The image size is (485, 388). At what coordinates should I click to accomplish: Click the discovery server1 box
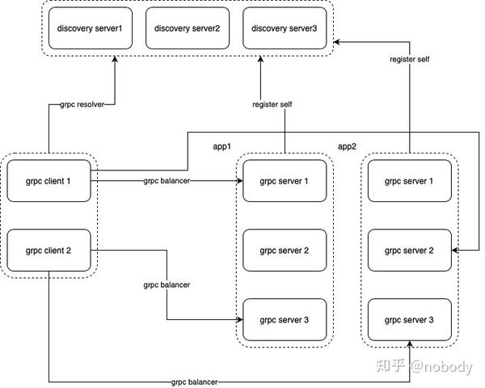point(90,29)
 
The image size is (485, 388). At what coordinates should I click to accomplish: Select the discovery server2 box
point(188,29)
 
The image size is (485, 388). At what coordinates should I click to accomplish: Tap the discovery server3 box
point(285,29)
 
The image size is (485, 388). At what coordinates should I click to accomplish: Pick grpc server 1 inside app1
point(285,180)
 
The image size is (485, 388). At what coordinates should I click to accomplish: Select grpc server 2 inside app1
point(285,250)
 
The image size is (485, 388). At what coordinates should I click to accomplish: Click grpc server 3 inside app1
point(285,319)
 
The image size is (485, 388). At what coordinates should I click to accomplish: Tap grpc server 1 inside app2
point(410,180)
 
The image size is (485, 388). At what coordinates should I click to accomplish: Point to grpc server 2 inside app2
point(410,250)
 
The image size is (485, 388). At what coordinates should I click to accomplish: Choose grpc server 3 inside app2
point(410,319)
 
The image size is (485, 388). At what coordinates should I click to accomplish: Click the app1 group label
point(222,147)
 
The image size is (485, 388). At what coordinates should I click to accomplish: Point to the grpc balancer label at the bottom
point(194,382)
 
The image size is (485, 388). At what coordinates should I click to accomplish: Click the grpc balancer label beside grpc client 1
point(167,181)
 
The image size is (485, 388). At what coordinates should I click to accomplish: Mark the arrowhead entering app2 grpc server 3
point(410,344)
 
